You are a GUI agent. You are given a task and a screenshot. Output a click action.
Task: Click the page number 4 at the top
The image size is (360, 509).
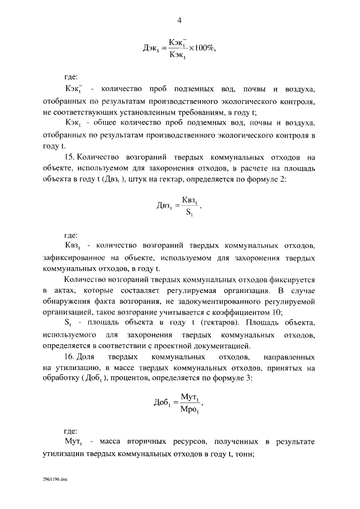click(x=179, y=21)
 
